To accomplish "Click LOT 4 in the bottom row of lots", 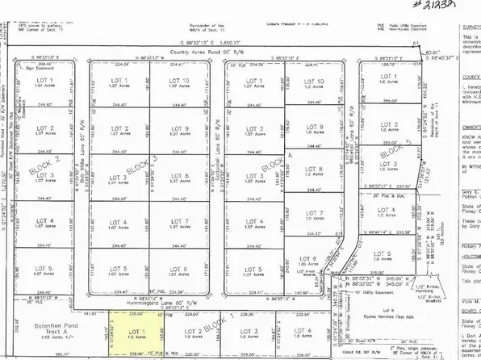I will [x=303, y=333].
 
